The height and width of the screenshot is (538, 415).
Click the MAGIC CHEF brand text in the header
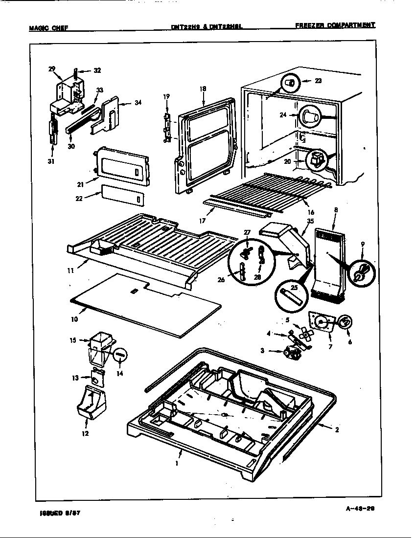point(48,27)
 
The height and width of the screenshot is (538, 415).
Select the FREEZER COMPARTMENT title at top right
point(335,25)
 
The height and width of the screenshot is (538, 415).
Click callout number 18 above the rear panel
point(203,89)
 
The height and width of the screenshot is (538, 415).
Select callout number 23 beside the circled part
point(318,81)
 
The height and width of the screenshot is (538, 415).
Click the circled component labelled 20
point(315,160)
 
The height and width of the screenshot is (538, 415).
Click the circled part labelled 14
point(120,355)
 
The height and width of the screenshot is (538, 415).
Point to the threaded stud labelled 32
point(76,74)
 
